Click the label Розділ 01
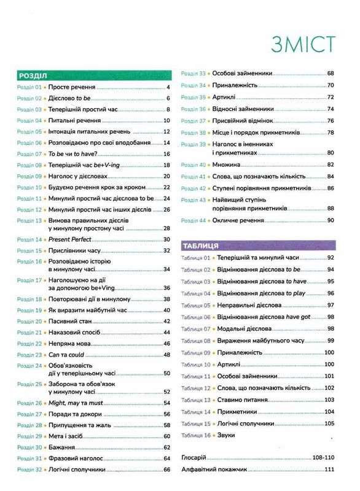tap(29, 88)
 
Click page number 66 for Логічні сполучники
tap(166, 470)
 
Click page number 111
tap(329, 470)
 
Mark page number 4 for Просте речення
tap(167, 88)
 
